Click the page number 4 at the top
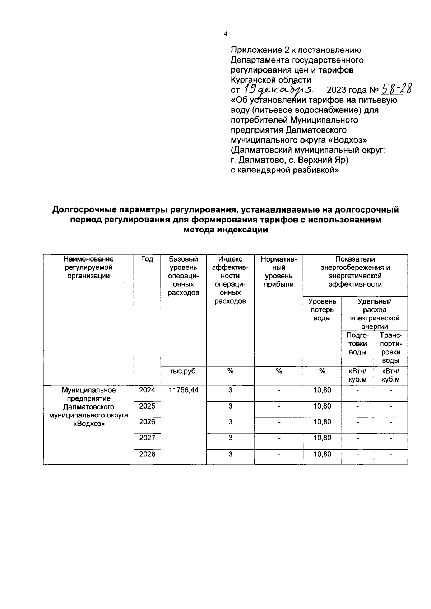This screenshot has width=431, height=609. pyautogui.click(x=226, y=34)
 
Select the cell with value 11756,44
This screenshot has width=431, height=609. pyautogui.click(x=183, y=390)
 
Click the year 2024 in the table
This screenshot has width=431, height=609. pyautogui.click(x=147, y=390)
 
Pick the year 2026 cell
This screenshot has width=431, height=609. pyautogui.click(x=147, y=422)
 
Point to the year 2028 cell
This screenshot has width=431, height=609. pyautogui.click(x=147, y=454)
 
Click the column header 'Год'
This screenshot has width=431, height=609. pyautogui.click(x=147, y=259)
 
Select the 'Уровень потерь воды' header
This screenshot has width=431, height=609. pyautogui.click(x=322, y=310)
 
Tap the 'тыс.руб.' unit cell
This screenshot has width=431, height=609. pyautogui.click(x=183, y=372)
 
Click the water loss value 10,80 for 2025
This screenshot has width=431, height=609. pyautogui.click(x=322, y=406)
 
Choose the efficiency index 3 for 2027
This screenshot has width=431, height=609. pyautogui.click(x=230, y=438)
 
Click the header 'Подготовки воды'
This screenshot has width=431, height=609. pyautogui.click(x=357, y=344)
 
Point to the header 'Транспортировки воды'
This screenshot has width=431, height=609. pyautogui.click(x=391, y=348)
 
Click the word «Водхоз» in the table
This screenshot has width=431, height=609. pyautogui.click(x=89, y=424)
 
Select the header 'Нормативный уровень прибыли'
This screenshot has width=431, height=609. pyautogui.click(x=279, y=272)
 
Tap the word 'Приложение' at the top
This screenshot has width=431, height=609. pyautogui.click(x=253, y=50)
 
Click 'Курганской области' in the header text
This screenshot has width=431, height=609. pyautogui.click(x=271, y=80)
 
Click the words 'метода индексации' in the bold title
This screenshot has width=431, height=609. pyautogui.click(x=226, y=230)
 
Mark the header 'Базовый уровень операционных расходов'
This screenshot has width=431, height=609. pyautogui.click(x=183, y=276)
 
